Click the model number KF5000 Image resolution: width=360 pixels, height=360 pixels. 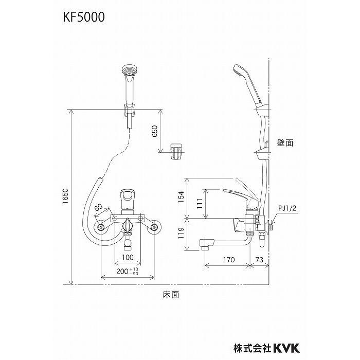(x=84, y=18)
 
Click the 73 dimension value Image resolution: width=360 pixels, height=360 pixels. (x=260, y=260)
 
